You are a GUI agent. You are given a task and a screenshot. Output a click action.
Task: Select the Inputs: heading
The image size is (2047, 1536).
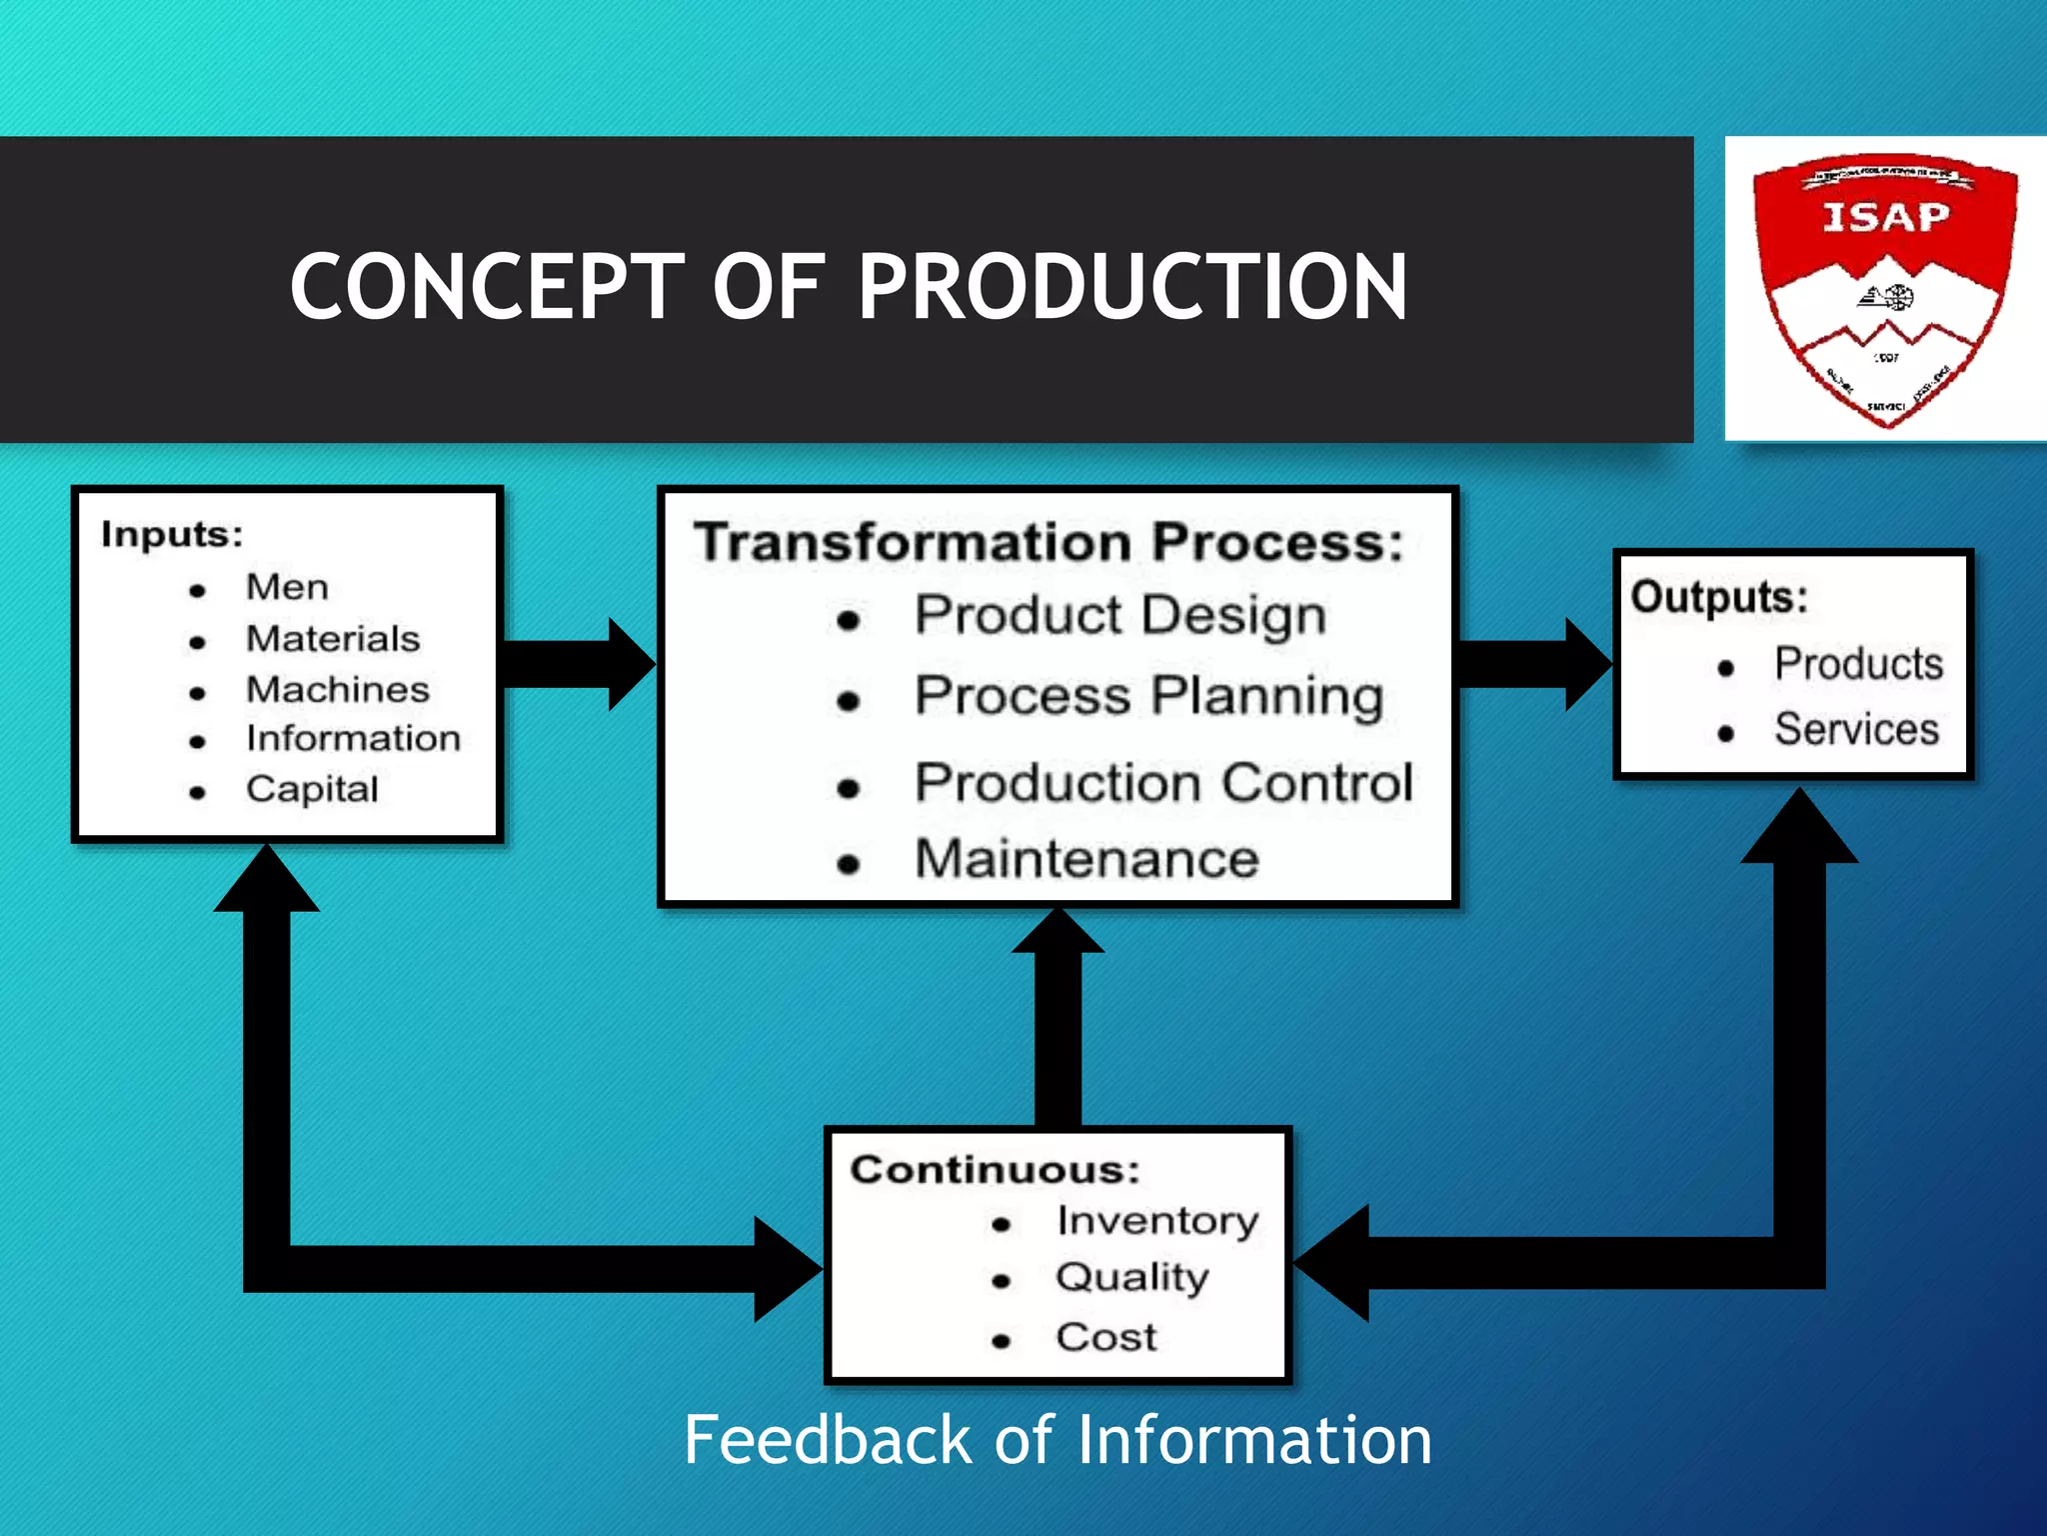(172, 534)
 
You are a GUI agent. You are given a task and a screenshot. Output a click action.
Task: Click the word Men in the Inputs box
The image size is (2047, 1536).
(287, 587)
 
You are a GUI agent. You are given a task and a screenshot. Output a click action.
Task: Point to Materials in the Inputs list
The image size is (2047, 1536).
(333, 639)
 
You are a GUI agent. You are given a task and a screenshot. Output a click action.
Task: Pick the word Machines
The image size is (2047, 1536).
(338, 689)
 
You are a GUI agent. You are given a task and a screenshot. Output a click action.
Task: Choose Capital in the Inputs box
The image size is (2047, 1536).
(312, 789)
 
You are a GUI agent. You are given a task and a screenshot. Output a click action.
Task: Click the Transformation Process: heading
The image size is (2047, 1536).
(1049, 542)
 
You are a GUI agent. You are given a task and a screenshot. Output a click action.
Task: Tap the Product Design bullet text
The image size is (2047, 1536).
(1120, 615)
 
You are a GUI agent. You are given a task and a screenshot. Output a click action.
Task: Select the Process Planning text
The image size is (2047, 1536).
(1149, 696)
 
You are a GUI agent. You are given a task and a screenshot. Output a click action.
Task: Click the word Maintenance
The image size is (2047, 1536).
(1086, 859)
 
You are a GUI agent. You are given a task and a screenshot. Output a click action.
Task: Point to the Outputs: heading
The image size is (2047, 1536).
(1719, 597)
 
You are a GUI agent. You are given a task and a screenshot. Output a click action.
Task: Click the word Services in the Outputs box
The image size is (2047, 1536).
(1856, 729)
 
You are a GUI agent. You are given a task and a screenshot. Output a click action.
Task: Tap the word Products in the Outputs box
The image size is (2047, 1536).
(1858, 664)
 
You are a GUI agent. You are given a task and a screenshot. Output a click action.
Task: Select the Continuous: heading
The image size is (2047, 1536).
(995, 1170)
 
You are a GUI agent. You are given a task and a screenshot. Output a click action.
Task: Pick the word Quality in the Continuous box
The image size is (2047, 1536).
(1131, 1277)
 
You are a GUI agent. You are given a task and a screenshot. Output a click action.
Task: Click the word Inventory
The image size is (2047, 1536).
(1157, 1221)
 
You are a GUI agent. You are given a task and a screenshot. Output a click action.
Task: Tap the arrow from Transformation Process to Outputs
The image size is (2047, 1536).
(1535, 664)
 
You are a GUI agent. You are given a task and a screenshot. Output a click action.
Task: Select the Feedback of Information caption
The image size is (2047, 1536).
(1057, 1440)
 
